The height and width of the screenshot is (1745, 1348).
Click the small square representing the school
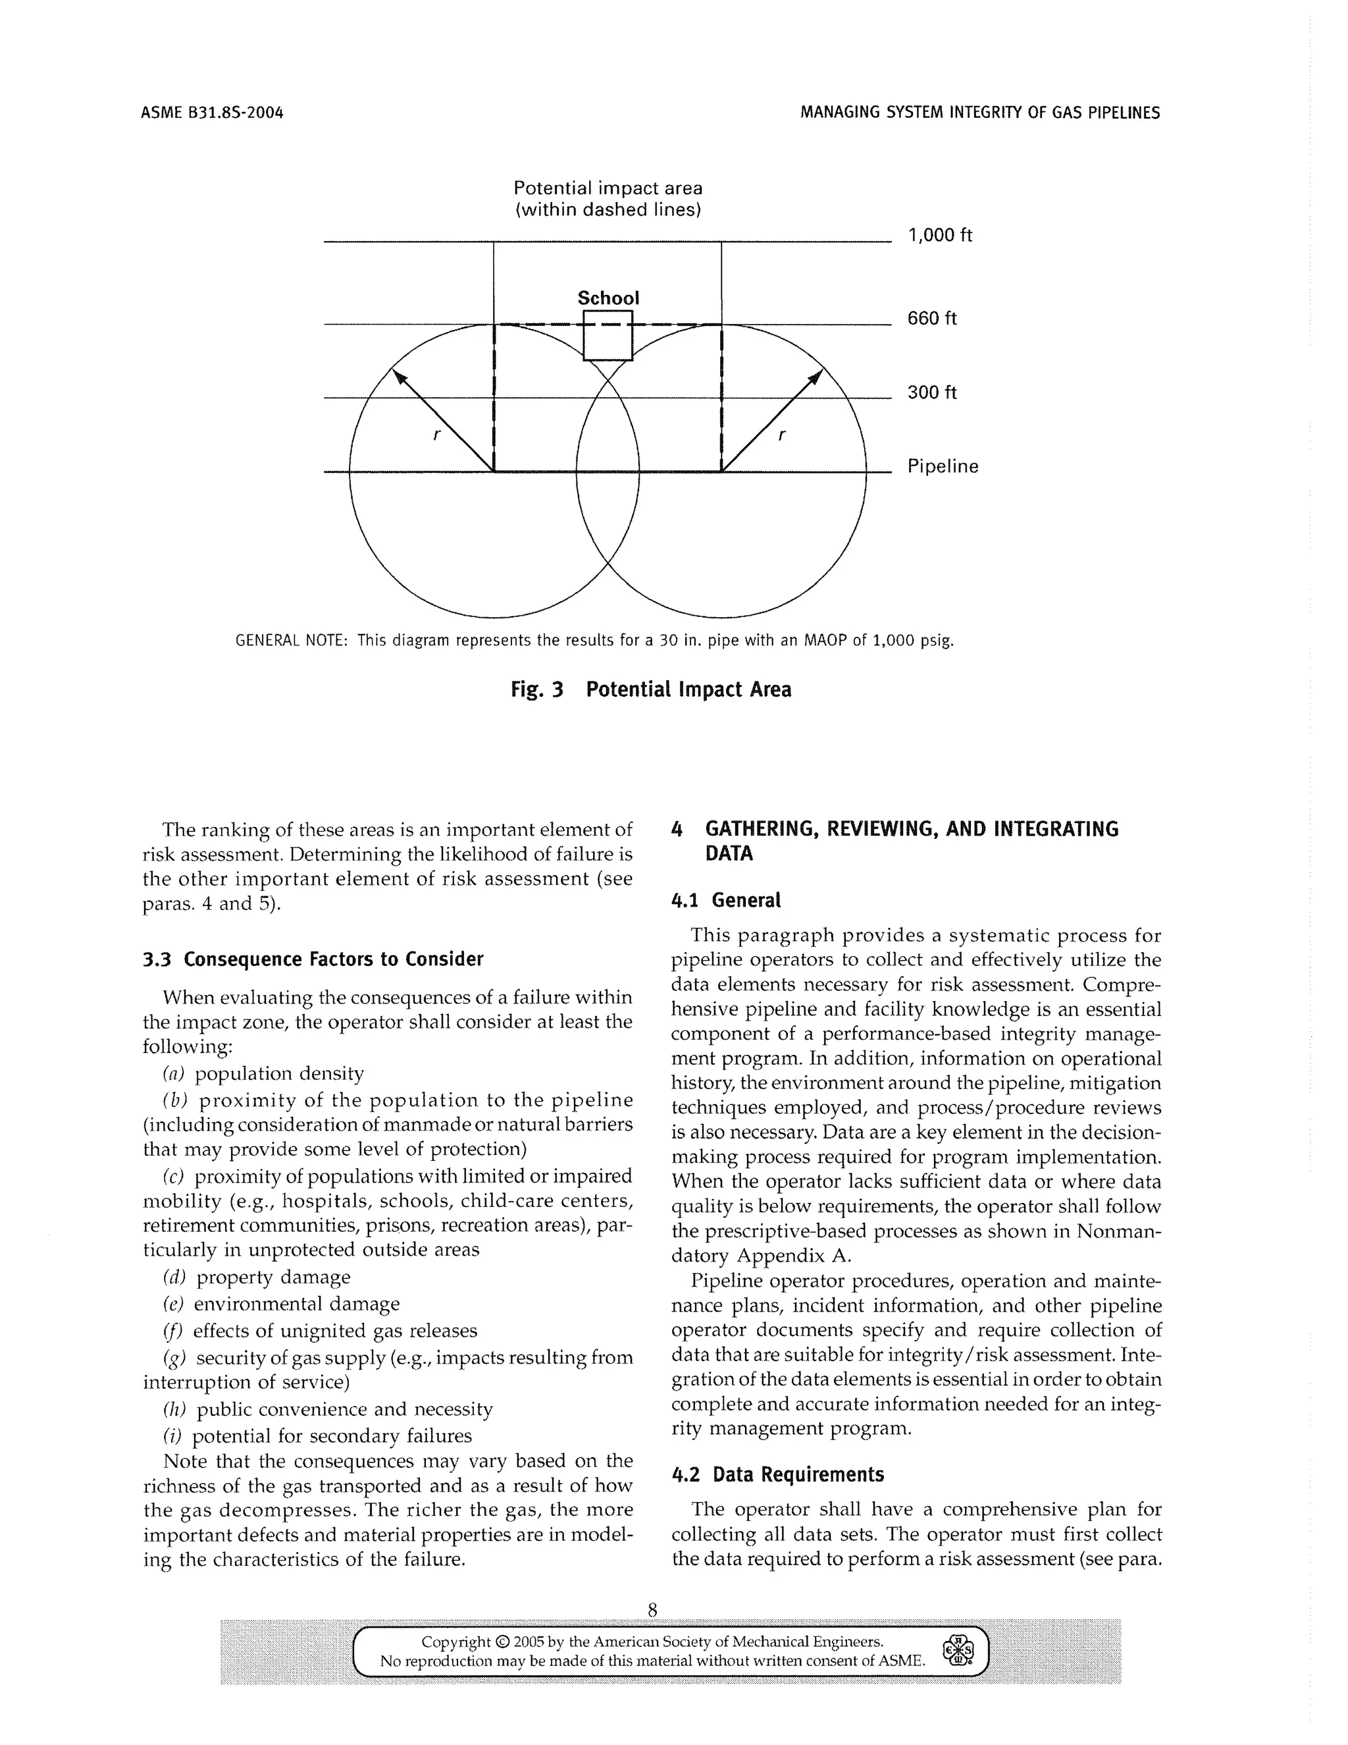[x=608, y=336]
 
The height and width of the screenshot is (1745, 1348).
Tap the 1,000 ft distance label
[x=939, y=235]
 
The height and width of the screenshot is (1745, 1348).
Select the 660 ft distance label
[x=931, y=319]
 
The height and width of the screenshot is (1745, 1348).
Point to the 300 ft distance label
[x=931, y=392]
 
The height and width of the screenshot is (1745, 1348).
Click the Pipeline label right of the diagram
[x=943, y=467]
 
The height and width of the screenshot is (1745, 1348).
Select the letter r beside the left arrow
[x=436, y=435]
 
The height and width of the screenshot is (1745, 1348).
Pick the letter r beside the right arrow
[x=781, y=435]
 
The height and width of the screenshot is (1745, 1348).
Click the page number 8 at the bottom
[x=652, y=1609]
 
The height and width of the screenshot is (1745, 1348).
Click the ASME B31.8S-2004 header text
[x=212, y=113]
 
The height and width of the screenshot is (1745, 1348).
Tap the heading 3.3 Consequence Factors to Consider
[x=313, y=959]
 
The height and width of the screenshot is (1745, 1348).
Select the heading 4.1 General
[x=725, y=899]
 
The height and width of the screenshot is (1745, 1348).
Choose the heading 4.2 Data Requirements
[x=777, y=1474]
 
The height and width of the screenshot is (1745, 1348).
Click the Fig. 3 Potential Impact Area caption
[x=651, y=689]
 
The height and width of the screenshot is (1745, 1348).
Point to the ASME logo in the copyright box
[x=958, y=1648]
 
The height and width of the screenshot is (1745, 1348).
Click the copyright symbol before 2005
[x=502, y=1642]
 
